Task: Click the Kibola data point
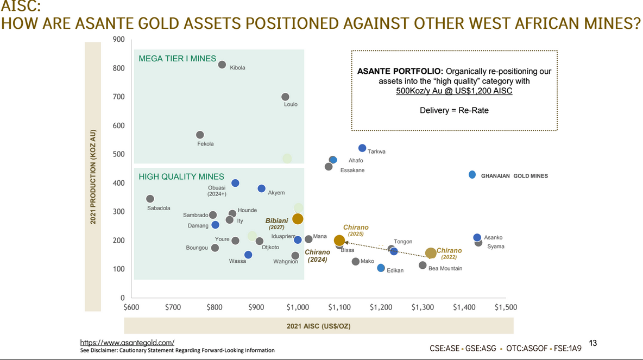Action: (x=222, y=65)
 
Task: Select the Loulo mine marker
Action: (x=285, y=97)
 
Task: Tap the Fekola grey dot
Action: (x=200, y=135)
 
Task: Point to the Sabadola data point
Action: (x=150, y=199)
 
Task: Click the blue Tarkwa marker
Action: (x=362, y=148)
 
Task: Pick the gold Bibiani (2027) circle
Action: (x=298, y=219)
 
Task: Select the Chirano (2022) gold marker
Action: (x=431, y=253)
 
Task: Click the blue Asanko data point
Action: (x=477, y=237)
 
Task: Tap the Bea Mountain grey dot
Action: (x=423, y=265)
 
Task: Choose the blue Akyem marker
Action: (x=261, y=188)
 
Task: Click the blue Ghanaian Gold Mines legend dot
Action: (x=472, y=175)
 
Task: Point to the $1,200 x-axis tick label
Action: (x=381, y=307)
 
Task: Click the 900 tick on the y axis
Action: (x=119, y=40)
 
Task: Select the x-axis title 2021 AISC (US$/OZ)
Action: (x=318, y=326)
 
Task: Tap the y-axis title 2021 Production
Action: (x=93, y=176)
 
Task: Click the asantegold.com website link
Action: (x=127, y=343)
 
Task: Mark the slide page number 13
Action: (x=593, y=343)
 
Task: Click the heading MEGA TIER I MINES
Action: (x=177, y=59)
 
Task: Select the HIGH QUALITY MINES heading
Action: (x=181, y=176)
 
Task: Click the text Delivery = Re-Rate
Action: (x=454, y=110)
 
